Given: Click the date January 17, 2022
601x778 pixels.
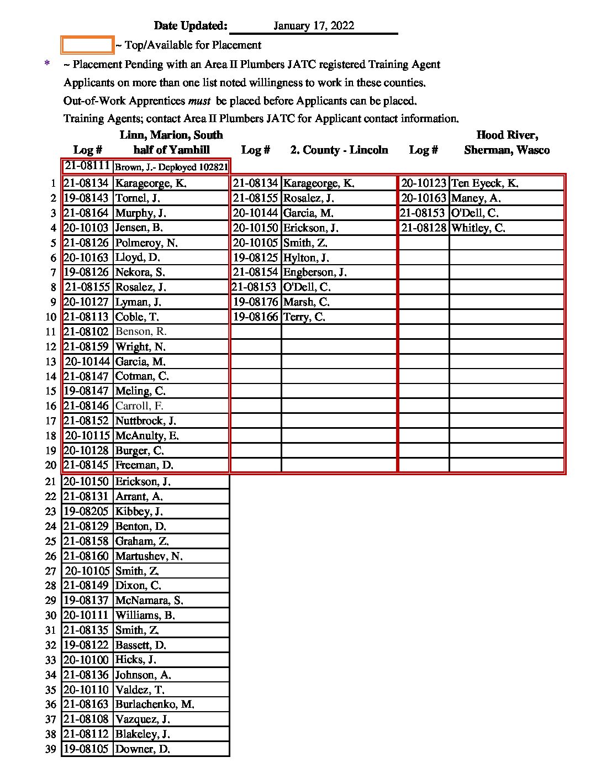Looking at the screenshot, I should coord(313,26).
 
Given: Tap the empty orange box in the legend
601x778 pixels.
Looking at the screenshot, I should coord(87,45).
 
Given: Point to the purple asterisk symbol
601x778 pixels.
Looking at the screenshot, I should coord(47,64).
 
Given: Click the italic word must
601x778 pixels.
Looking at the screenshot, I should coord(199,101).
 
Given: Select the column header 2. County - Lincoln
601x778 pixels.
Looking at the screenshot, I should coord(339,150).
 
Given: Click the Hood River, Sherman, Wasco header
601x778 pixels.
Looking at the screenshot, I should coord(507,143).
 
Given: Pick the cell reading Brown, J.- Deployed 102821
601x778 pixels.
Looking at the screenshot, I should coord(171,167).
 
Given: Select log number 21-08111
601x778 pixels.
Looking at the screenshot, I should coord(87,166).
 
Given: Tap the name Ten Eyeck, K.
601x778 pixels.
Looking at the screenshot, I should coord(484,183).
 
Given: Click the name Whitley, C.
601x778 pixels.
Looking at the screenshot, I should coord(478,228).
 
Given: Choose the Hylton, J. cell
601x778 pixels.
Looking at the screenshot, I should coord(306,257).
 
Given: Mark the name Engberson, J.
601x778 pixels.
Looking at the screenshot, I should coord(315,272).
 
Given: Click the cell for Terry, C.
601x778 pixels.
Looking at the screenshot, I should coord(304,317).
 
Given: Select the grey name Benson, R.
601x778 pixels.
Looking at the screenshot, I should coord(141,332).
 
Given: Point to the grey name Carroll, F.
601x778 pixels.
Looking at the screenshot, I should coord(139,406).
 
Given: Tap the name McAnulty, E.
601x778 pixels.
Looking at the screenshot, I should coord(147,435).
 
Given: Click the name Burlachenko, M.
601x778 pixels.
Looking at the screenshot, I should coord(155,705).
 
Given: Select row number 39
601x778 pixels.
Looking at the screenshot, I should coord(51,749).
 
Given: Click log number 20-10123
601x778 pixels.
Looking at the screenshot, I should coord(423,183).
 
